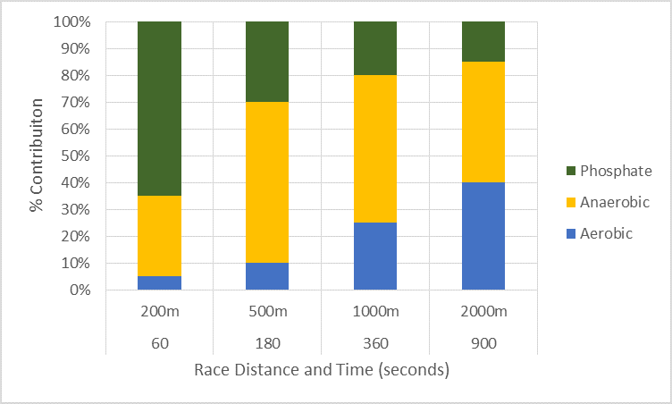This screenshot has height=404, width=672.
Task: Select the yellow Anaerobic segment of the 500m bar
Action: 267,182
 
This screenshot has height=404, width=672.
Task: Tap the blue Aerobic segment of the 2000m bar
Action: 483,236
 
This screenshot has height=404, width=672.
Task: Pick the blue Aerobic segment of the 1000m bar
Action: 375,257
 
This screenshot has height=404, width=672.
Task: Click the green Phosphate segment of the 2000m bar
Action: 483,41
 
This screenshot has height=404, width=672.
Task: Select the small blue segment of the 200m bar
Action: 159,283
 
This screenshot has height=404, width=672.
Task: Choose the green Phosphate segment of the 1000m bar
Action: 375,48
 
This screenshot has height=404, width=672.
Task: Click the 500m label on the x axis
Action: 267,312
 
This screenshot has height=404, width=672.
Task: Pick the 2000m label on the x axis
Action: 483,312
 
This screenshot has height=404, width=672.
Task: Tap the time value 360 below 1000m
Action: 375,340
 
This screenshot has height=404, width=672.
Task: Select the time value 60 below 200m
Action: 159,340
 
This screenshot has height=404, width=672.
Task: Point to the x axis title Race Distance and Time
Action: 321,369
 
